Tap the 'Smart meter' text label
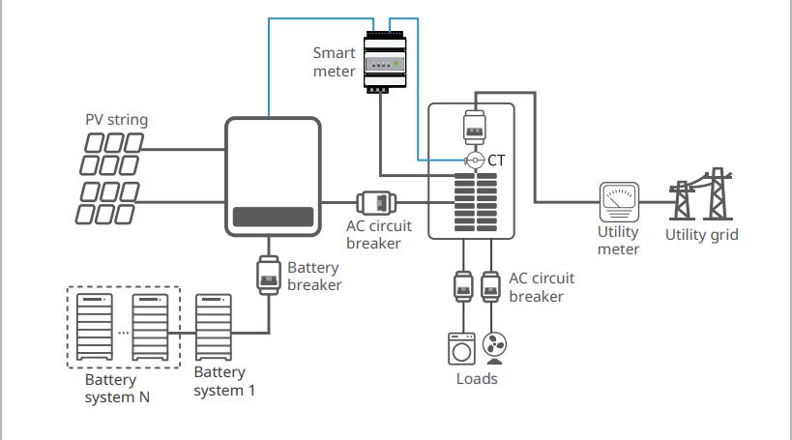coord(334,62)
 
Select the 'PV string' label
coord(116,120)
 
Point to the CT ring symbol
coord(475,160)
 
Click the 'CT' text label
coord(497,160)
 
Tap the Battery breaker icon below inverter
coord(271,274)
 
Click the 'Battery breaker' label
coord(314,277)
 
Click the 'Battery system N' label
coord(116,389)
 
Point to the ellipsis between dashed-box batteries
coord(124,332)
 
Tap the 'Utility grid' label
coord(702,234)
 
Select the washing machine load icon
coord(459,348)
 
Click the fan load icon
coord(495,348)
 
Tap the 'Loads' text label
coord(477,378)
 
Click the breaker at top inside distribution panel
coord(475,126)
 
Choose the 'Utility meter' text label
coord(618,241)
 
